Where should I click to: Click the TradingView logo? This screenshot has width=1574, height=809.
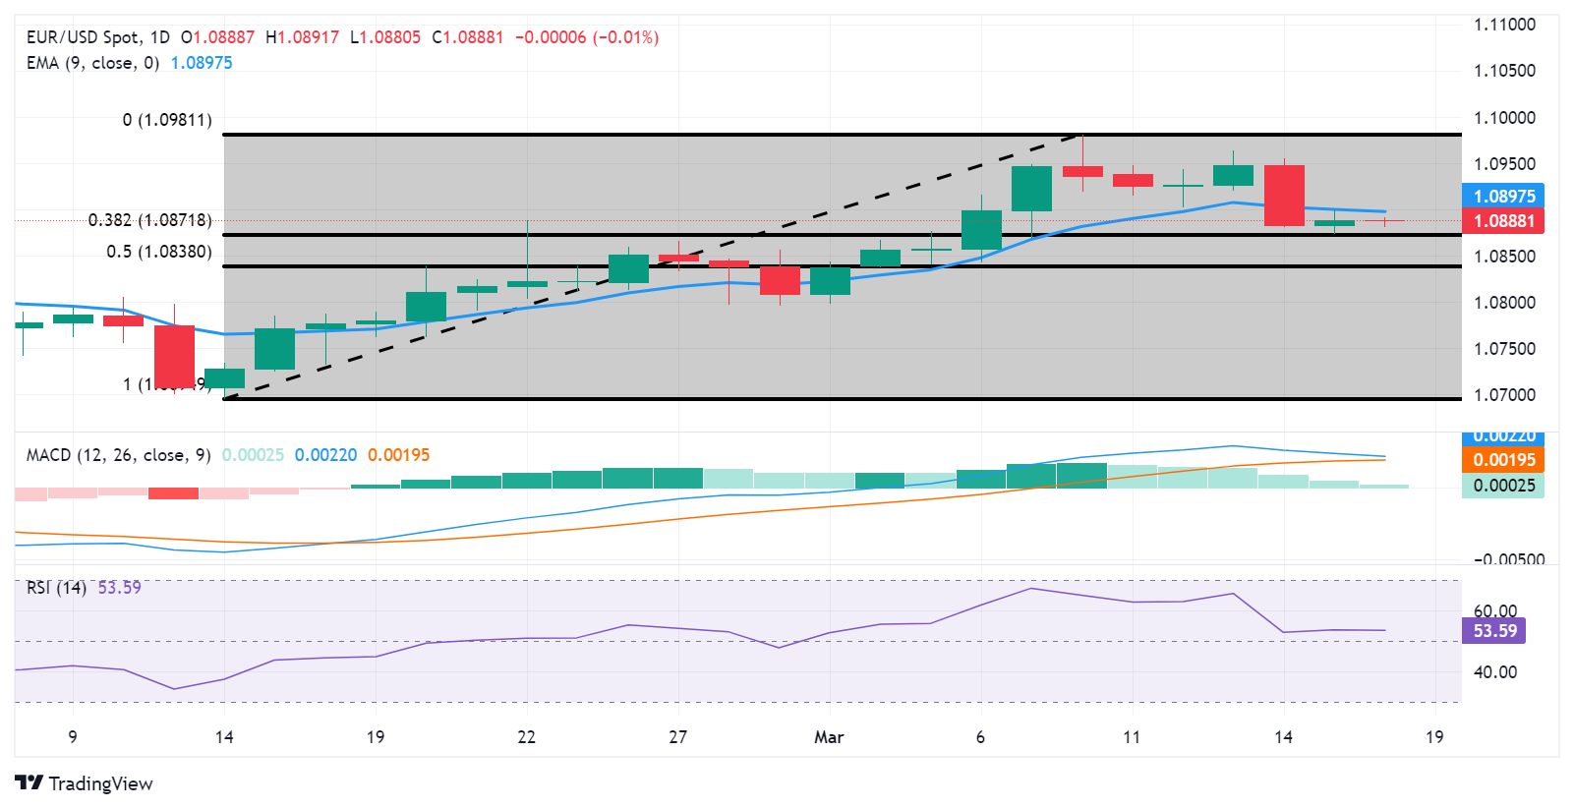pos(84,783)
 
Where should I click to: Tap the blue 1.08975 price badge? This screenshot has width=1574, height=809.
pos(1503,196)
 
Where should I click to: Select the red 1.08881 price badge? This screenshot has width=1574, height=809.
pos(1503,221)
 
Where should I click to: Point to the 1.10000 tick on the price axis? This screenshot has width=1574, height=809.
pos(1504,118)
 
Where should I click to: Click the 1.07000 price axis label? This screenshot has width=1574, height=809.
pos(1504,395)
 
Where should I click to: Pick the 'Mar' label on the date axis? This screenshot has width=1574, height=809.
pos(829,737)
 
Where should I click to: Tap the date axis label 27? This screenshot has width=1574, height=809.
pos(677,737)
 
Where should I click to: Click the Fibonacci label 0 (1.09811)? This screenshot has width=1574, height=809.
pos(167,120)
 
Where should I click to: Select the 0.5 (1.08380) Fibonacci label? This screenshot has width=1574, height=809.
pos(159,252)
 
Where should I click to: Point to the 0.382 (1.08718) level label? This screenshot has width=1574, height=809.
pos(149,220)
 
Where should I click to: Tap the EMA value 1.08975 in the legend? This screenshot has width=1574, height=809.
pos(202,63)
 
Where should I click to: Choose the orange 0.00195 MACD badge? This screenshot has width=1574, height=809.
pos(1503,460)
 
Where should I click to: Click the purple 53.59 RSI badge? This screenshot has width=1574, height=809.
pos(1494,631)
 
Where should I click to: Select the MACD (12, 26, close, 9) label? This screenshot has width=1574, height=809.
pos(118,455)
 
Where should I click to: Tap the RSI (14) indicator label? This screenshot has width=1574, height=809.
pos(56,588)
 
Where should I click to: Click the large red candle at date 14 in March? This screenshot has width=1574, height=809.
pos(1284,196)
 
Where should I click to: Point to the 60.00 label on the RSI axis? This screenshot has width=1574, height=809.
pos(1494,611)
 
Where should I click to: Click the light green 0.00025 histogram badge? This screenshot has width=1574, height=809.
pos(1503,486)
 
